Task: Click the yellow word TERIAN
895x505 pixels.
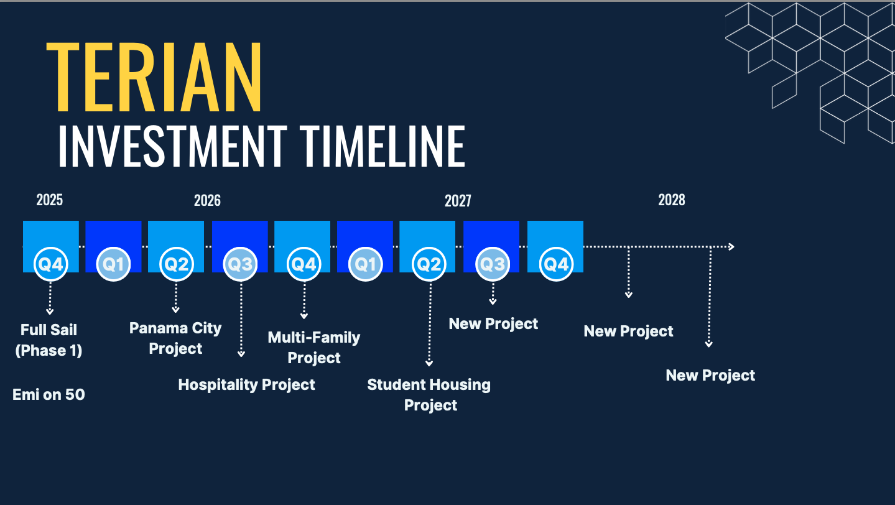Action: coord(154,76)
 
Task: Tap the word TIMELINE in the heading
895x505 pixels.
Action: coord(383,146)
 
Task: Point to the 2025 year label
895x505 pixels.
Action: coord(50,200)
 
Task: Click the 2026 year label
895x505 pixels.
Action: coord(207,200)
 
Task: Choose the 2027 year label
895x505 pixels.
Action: coord(458,201)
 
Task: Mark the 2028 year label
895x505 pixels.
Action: coord(672,200)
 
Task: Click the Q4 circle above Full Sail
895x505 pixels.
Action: coord(50,264)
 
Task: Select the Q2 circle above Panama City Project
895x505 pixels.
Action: coord(176,264)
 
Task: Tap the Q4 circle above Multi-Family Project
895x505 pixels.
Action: coord(304,264)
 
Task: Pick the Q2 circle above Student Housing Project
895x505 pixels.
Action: coord(429,264)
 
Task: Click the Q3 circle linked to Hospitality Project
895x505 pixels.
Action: coord(240,264)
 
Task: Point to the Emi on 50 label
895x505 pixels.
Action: coord(49,395)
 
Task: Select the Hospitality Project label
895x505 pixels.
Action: coord(246,385)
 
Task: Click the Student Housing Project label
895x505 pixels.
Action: coord(429,395)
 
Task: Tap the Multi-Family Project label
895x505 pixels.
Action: coord(314,348)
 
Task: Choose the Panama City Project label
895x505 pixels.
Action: coord(175,338)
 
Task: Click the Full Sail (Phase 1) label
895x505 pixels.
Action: coord(49,340)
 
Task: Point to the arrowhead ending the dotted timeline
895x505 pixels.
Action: coord(731,247)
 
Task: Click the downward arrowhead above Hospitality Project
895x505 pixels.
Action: coord(241,354)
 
